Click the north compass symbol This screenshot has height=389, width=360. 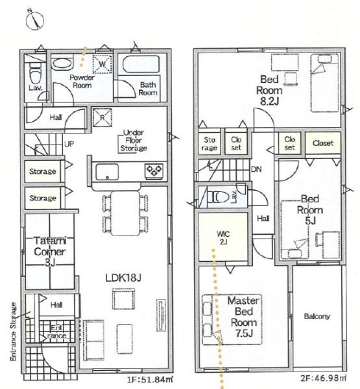pyautogui.click(x=35, y=20)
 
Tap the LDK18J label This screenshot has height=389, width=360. pyautogui.click(x=123, y=278)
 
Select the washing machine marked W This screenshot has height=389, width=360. pyautogui.click(x=102, y=64)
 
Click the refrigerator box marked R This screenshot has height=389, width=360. pyautogui.click(x=102, y=117)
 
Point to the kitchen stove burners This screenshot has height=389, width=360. pyautogui.click(x=154, y=171)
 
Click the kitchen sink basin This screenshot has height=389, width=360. pyautogui.click(x=107, y=172)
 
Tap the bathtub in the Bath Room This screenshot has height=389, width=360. pyautogui.click(x=141, y=64)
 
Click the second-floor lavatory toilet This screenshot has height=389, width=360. pyautogui.click(x=218, y=197)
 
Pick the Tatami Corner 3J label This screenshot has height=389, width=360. pyautogui.click(x=50, y=252)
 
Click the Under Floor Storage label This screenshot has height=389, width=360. pyautogui.click(x=134, y=141)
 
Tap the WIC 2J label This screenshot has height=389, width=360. pyautogui.click(x=223, y=238)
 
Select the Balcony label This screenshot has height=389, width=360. pyautogui.click(x=317, y=316)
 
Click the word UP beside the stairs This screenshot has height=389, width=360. pyautogui.click(x=69, y=144)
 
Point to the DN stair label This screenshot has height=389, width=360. pyautogui.click(x=256, y=169)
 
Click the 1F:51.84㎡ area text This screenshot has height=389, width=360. pyautogui.click(x=150, y=379)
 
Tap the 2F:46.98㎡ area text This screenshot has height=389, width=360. pyautogui.click(x=324, y=378)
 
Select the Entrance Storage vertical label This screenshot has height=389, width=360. pyautogui.click(x=13, y=331)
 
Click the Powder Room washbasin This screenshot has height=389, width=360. pyautogui.click(x=62, y=64)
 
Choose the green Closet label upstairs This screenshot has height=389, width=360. pyautogui.click(x=323, y=143)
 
